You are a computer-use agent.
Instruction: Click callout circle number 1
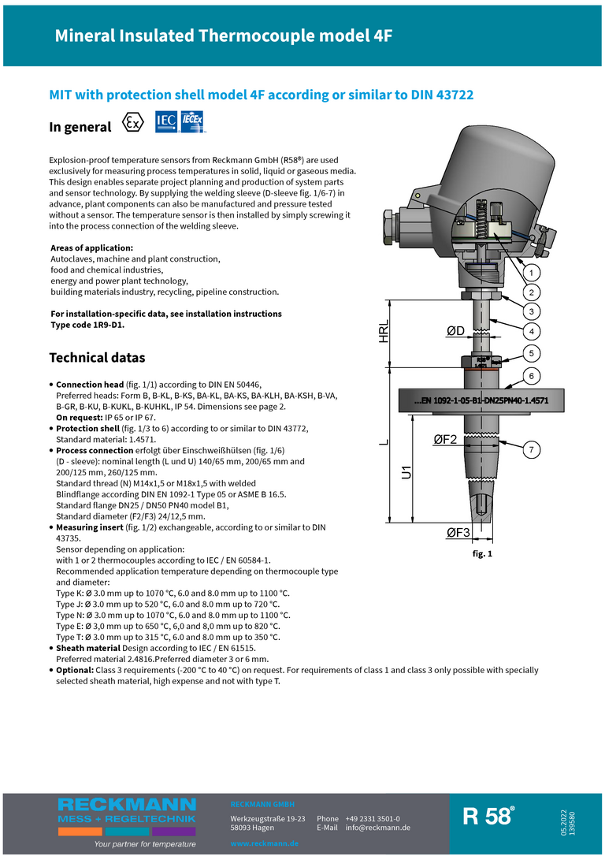coord(532,274)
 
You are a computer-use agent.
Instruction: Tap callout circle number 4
coord(532,330)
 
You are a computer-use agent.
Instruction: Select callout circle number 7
coord(532,450)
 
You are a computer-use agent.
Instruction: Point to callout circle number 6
coord(532,376)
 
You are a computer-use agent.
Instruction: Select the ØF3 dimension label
coord(458,533)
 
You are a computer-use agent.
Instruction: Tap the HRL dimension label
coord(384,331)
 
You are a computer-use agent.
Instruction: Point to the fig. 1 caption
coord(481,554)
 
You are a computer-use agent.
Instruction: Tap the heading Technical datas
coord(97,358)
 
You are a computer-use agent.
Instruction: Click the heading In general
coord(80,127)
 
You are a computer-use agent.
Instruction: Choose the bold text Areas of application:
coord(91,248)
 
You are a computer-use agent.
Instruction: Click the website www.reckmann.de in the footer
coord(264,843)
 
